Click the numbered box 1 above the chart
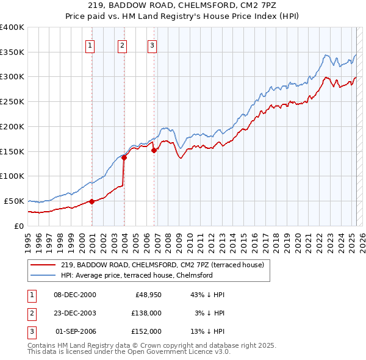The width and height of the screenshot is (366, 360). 90,45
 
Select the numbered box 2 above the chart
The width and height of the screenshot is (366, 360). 123,45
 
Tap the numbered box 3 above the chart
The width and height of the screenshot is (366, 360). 152,45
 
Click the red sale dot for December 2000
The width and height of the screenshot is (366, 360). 91,201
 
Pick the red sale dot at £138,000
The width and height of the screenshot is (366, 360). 124,157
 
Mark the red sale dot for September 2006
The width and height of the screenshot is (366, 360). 154,150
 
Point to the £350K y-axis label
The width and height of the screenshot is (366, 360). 12,52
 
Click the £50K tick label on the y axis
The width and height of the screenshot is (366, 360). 14,201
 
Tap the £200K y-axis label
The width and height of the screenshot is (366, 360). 12,126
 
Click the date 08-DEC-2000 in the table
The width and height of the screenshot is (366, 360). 75,295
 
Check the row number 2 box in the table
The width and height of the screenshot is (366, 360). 31,312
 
